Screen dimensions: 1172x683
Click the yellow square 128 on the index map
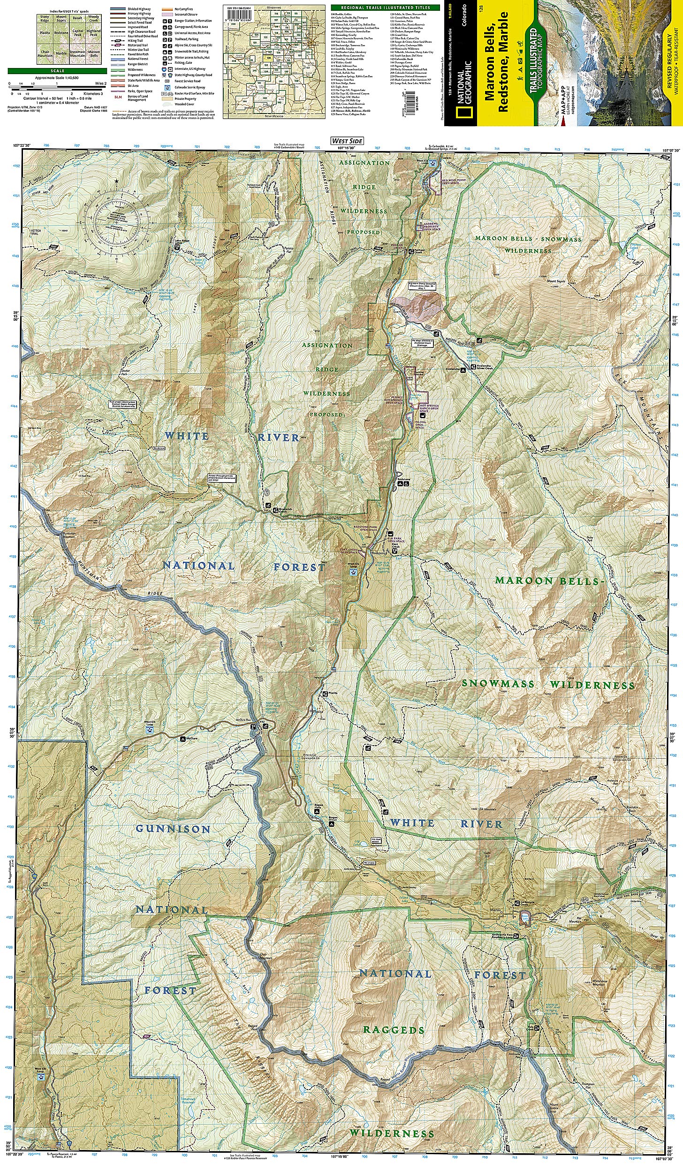point(268,58)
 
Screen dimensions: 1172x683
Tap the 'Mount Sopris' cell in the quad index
point(61,19)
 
